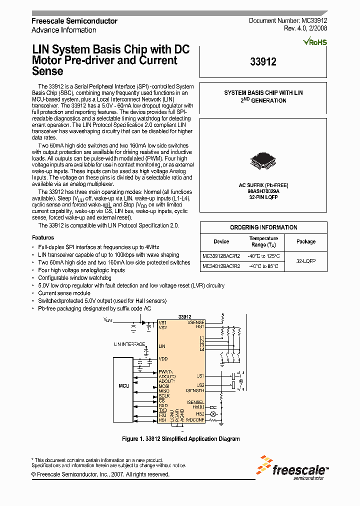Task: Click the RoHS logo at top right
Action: pyautogui.click(x=315, y=41)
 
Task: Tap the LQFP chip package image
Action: pyautogui.click(x=263, y=159)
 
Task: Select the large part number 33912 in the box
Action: pyautogui.click(x=263, y=62)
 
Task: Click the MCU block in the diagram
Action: pyautogui.click(x=123, y=386)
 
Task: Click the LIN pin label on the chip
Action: pyautogui.click(x=161, y=345)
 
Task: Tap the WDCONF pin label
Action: pyautogui.click(x=195, y=420)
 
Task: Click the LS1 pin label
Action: pyautogui.click(x=200, y=375)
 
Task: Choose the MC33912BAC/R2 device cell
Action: pyautogui.click(x=221, y=255)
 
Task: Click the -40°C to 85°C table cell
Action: pyautogui.click(x=263, y=266)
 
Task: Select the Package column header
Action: pyautogui.click(x=305, y=241)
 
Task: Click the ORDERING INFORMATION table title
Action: pyautogui.click(x=263, y=227)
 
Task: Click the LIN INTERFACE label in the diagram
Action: pyautogui.click(x=129, y=344)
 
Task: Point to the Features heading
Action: pyautogui.click(x=43, y=237)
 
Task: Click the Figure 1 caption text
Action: pyautogui.click(x=180, y=439)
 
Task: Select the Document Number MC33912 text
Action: pyautogui.click(x=287, y=21)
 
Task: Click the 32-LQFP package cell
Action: pyautogui.click(x=305, y=261)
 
